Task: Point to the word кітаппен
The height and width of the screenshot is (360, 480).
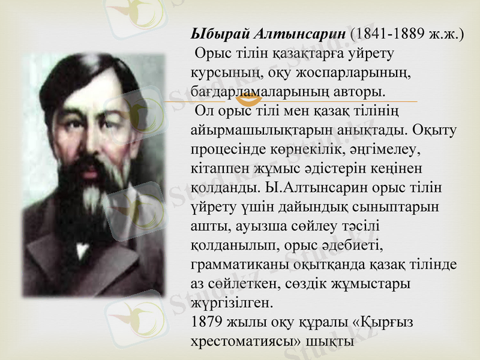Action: click(x=218, y=167)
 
